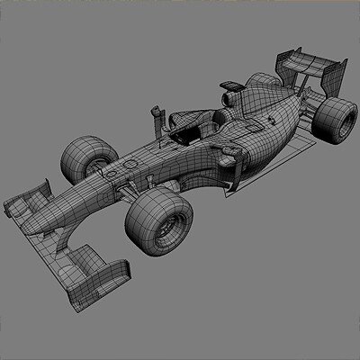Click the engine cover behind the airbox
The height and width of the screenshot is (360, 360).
coord(261,112)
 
